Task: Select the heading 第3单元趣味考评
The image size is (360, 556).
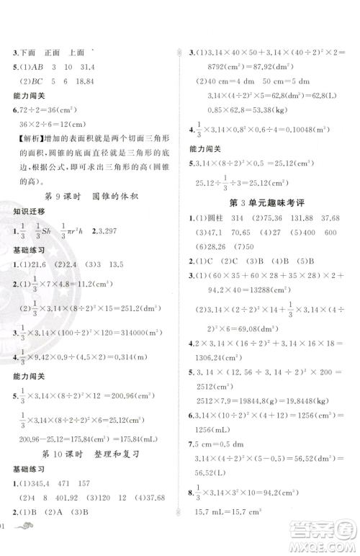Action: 266,203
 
